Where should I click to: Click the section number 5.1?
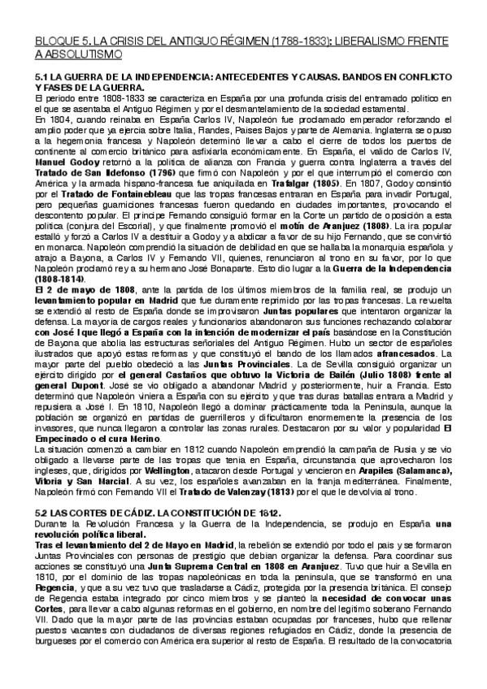(x=42, y=77)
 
